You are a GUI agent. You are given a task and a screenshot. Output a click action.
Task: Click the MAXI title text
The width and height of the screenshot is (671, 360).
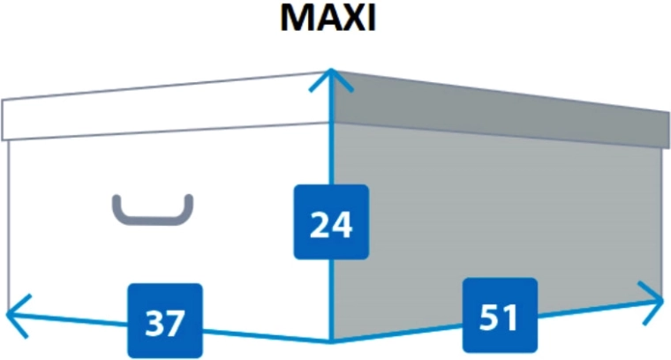[328, 18]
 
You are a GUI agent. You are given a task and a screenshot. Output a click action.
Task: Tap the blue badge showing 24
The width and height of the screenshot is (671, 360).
[331, 221]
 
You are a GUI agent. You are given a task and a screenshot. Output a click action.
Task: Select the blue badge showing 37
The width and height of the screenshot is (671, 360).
[165, 320]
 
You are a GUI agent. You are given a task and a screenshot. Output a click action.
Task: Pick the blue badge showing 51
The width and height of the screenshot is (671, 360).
[500, 316]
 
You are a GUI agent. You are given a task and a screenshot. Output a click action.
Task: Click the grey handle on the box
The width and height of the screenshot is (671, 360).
[153, 209]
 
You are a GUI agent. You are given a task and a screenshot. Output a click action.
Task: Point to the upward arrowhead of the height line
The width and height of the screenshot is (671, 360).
[331, 80]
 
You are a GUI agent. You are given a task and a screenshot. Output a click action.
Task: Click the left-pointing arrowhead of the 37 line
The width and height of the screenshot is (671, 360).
[19, 316]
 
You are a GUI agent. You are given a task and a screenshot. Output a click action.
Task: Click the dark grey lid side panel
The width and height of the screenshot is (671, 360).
[501, 109]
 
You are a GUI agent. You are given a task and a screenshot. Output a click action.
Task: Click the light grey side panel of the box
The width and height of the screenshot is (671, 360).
[496, 222]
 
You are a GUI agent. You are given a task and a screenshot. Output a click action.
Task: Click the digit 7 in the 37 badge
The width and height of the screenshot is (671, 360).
[176, 323]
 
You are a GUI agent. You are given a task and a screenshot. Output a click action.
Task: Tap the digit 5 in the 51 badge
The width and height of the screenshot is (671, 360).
[489, 318]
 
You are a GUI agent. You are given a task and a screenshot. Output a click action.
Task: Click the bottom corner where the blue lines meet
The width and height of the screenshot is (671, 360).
[331, 341]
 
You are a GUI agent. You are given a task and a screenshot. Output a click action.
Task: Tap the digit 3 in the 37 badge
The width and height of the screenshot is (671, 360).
[155, 323]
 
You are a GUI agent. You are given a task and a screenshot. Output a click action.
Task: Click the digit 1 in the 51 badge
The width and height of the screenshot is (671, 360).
[510, 318]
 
